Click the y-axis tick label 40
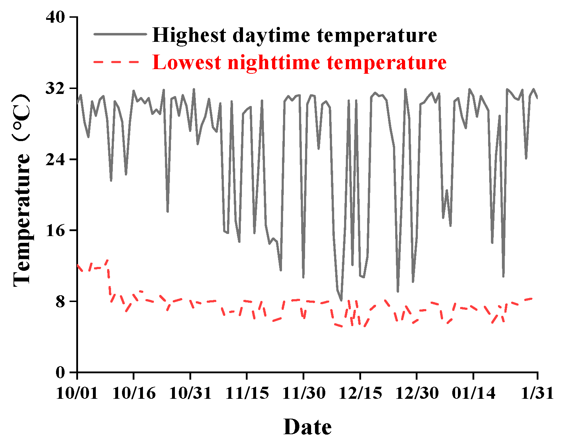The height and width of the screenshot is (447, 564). coord(56,17)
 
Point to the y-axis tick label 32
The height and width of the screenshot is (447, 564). coord(56,88)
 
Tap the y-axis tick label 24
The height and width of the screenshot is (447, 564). coord(56,159)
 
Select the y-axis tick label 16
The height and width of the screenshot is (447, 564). coord(56,230)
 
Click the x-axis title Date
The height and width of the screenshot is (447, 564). coord(308,427)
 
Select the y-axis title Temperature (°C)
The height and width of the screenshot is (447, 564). coord(22,190)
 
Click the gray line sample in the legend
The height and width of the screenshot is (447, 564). coord(120,34)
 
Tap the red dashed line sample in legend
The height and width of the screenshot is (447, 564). coord(116,62)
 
